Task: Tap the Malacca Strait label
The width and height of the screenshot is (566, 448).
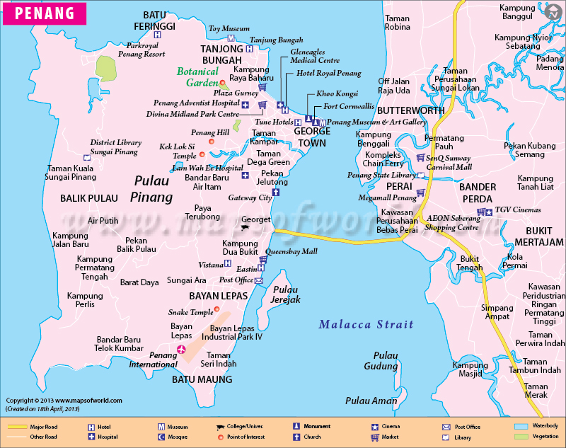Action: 365,324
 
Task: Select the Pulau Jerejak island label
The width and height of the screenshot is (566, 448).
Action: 287,294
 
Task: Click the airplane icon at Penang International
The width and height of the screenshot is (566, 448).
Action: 182,350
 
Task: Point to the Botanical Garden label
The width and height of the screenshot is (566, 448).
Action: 198,77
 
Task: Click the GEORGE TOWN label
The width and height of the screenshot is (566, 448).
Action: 311,137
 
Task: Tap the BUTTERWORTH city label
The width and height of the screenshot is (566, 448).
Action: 410,110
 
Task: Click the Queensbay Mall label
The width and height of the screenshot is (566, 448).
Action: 291,251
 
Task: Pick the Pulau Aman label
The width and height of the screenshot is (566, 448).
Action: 371,401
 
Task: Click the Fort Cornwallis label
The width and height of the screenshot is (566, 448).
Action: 350,106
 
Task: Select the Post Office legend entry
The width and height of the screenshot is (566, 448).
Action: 467,427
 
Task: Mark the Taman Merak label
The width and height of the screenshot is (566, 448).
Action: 536,391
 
